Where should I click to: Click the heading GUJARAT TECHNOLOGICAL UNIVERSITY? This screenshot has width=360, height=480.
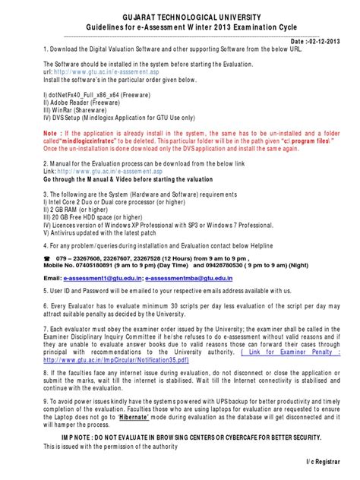click(180, 16)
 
